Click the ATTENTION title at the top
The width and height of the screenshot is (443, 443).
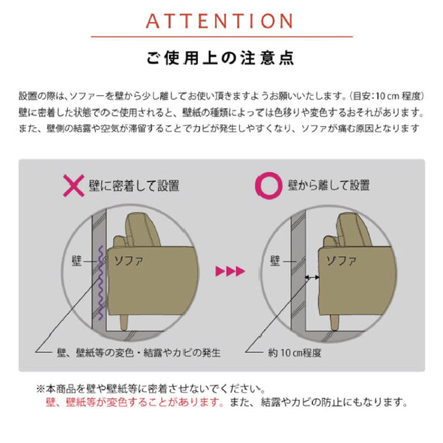coord(219,21)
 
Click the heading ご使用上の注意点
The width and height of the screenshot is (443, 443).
coord(221,58)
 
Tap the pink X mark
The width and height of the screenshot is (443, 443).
coord(74,185)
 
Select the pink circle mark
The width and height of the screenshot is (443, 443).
coord(269,185)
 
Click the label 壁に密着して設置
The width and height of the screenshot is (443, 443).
coord(134,186)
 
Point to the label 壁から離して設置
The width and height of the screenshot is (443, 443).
coord(329,185)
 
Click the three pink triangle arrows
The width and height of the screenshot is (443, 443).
coord(230,271)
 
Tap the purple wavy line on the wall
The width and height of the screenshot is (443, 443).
coord(100,283)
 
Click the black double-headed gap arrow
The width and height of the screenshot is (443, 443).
coord(312,278)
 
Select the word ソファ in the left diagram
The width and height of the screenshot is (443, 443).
coord(128,261)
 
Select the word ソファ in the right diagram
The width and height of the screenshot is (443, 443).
coord(341,261)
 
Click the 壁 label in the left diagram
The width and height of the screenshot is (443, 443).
coord(77,261)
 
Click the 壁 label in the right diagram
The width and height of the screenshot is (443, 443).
coord(275,261)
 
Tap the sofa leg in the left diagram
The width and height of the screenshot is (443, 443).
coord(124,322)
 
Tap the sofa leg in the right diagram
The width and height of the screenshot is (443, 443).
coord(334,322)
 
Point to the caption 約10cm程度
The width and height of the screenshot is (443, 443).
coord(295,353)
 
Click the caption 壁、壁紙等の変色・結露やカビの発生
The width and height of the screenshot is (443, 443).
coord(139,353)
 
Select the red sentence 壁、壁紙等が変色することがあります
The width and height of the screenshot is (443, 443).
coord(135,402)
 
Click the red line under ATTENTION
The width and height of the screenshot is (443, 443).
coord(221,37)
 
